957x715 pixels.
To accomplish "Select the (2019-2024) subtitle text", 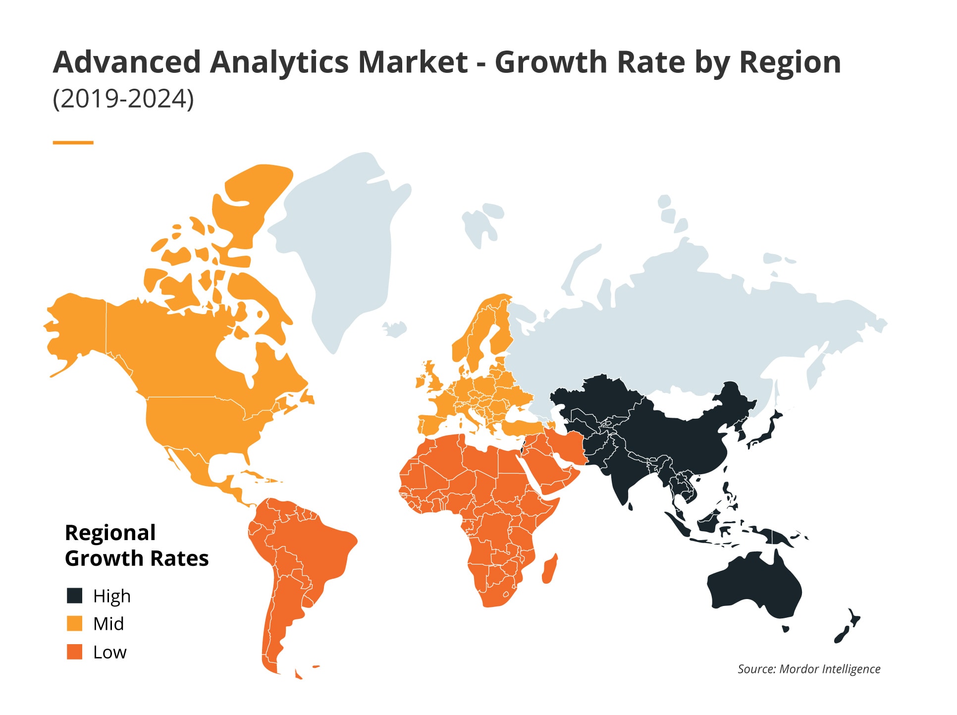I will coord(123,99).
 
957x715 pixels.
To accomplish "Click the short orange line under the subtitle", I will coord(73,143).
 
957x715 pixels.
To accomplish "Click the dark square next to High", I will coord(74,596).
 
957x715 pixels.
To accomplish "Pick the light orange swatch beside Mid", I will coord(74,623).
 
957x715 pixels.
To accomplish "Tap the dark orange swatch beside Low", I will coord(74,652).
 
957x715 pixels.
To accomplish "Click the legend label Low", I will coord(110,652).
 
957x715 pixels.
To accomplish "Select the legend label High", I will coord(112,596).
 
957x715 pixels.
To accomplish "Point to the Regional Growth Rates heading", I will coord(136,545).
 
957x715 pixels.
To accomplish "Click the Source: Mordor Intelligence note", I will coord(808,669).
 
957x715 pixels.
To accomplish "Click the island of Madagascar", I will coord(550,570).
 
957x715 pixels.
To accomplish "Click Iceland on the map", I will coord(395,329).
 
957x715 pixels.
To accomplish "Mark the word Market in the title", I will coord(413,62).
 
